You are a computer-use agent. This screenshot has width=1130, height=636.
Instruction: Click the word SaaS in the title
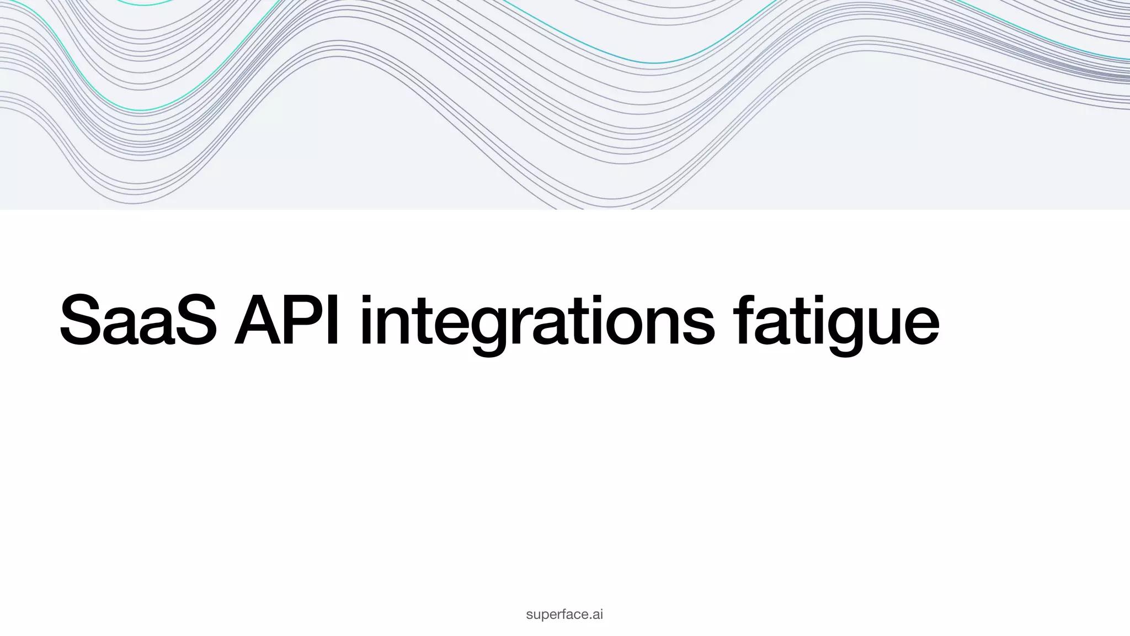(138, 320)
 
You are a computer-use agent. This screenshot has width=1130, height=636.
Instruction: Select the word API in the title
(286, 320)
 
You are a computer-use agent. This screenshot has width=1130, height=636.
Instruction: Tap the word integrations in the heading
(537, 323)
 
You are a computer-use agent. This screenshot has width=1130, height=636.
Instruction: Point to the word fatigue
(836, 323)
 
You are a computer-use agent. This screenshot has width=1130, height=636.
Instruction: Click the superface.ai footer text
(564, 614)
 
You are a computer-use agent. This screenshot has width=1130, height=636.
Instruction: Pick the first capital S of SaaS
(84, 320)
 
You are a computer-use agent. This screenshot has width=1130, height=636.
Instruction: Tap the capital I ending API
(333, 320)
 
